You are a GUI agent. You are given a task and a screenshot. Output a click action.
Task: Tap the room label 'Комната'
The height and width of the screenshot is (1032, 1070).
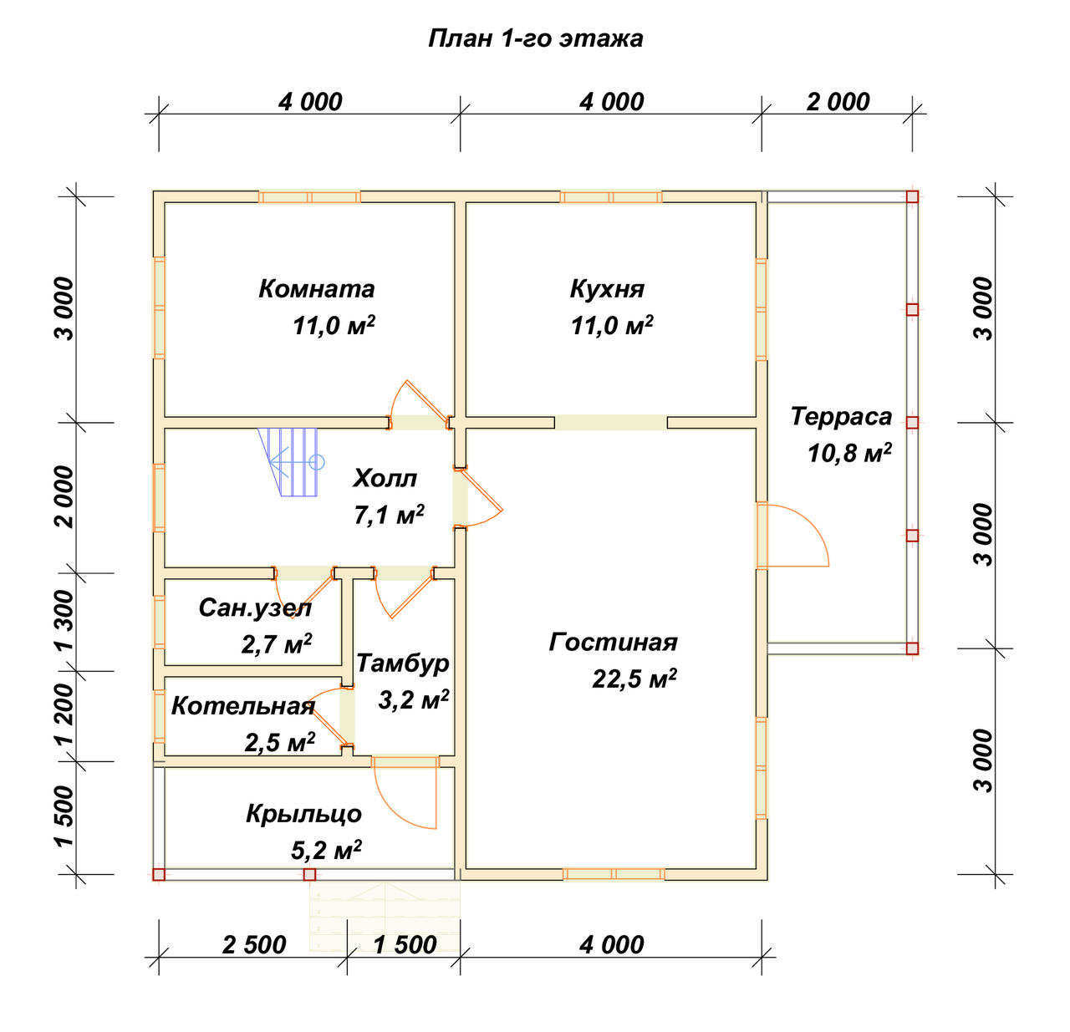tap(316, 289)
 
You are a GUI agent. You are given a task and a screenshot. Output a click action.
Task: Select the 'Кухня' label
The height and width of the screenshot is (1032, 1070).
tap(607, 289)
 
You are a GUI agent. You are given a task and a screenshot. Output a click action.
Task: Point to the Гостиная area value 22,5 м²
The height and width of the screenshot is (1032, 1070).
tap(634, 678)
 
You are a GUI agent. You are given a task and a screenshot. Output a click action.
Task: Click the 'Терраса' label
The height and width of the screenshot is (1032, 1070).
tap(841, 416)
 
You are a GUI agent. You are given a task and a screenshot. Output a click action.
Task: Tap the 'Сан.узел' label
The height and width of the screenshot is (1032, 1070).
tap(255, 608)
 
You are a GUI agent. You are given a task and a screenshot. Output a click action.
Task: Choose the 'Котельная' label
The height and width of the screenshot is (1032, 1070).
tap(242, 706)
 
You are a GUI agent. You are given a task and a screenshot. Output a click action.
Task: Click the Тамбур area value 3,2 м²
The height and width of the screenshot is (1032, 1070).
tap(414, 699)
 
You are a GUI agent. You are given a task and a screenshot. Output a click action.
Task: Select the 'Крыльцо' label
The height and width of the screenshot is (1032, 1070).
tap(303, 815)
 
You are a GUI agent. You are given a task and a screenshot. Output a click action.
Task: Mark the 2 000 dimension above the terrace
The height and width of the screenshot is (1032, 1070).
tap(838, 102)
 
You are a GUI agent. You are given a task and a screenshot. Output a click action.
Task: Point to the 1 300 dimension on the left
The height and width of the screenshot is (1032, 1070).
tap(65, 620)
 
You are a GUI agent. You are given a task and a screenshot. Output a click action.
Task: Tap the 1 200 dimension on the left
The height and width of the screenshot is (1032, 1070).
tap(65, 714)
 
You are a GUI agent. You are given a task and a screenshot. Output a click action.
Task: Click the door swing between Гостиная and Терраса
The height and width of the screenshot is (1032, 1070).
tap(792, 535)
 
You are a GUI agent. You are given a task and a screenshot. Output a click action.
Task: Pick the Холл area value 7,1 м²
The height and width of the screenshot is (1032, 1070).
tap(389, 515)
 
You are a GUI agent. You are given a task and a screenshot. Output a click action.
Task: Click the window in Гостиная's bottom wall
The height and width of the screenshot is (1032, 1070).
tap(614, 874)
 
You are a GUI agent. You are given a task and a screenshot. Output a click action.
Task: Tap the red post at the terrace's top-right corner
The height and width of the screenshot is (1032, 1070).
tap(912, 196)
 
